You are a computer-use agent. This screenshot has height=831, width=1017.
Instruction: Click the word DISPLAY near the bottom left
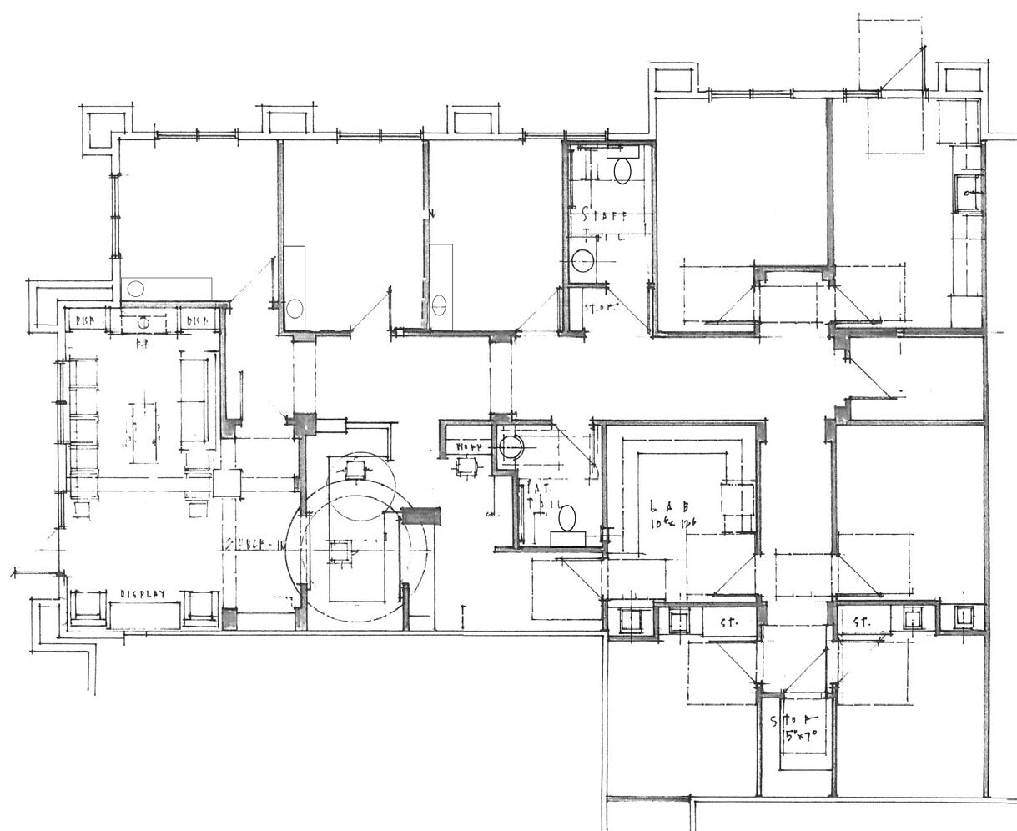click(143, 594)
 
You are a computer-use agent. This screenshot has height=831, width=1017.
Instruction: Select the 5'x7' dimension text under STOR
click(801, 737)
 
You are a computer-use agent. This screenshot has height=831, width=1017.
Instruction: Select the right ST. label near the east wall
click(862, 622)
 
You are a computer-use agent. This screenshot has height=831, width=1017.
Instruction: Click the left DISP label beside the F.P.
click(88, 320)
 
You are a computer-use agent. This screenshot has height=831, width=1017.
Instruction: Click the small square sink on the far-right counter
click(969, 192)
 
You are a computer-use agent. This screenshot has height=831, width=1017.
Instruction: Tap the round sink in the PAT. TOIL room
click(509, 447)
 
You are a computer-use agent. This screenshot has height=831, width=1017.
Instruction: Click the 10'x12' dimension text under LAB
click(673, 523)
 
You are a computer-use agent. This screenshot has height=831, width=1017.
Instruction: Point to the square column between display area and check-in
click(225, 483)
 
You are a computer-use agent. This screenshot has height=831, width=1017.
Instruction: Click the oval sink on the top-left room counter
click(136, 288)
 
